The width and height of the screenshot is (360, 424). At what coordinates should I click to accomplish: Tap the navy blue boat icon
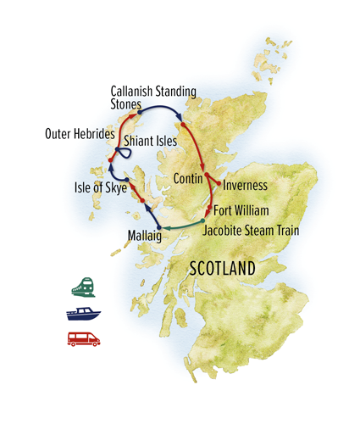(83, 313)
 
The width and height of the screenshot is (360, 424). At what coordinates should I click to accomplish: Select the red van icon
(83, 338)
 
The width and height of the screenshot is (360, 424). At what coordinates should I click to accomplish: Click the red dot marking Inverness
(222, 184)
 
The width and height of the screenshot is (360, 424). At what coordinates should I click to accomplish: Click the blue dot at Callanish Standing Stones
(139, 109)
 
